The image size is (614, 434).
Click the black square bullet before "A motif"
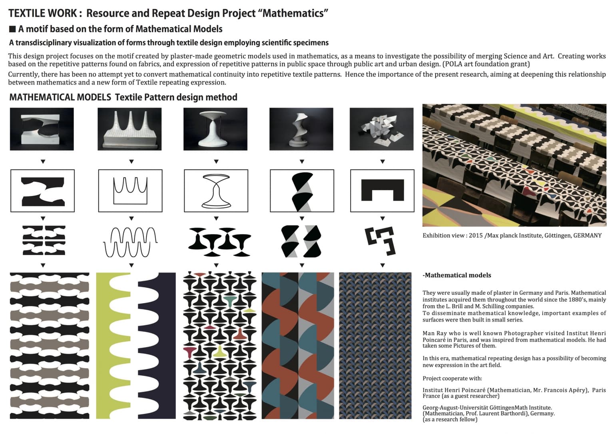[x=12, y=29]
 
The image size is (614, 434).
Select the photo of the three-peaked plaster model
[x=130, y=129]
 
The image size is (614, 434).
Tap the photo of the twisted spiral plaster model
[x=301, y=129]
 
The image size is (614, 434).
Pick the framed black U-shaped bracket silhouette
[x=382, y=190]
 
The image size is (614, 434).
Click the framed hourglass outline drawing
[x=216, y=191]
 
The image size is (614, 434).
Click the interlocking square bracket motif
[x=381, y=241]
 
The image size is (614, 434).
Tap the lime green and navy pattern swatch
[x=136, y=346]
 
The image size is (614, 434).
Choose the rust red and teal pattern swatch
[x=297, y=346]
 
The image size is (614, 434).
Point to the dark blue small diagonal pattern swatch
[x=375, y=346]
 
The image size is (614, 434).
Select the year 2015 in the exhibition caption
[x=476, y=236]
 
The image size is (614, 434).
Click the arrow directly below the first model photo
[x=43, y=162]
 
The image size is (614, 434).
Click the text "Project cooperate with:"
[x=452, y=378]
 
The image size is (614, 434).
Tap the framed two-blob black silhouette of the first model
[x=42, y=191]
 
